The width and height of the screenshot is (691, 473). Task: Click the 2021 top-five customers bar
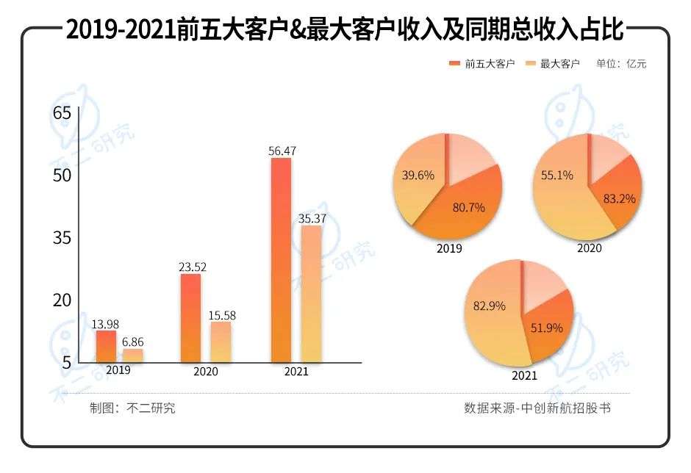point(281,260)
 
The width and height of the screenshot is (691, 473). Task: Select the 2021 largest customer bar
point(312,294)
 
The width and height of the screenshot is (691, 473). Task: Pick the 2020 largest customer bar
point(221,342)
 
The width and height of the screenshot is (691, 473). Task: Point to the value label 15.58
point(221,315)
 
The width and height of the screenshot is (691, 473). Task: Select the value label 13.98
point(105,323)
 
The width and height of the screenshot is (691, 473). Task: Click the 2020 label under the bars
point(206,372)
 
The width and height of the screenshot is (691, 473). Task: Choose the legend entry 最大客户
point(554,64)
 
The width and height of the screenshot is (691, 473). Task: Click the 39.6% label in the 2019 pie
point(418,176)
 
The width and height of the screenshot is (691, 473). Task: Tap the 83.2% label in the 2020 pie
point(618,198)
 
